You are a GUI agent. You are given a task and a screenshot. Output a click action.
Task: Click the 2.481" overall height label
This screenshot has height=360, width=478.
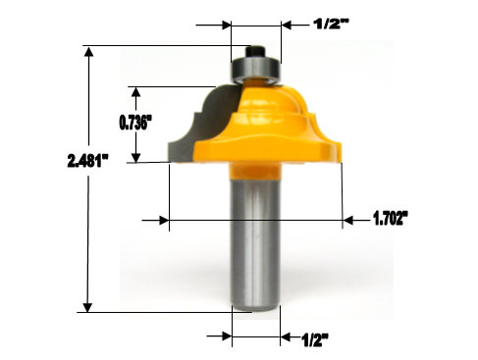[87, 161]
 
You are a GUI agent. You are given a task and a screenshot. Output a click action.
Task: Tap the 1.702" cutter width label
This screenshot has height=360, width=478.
[391, 218]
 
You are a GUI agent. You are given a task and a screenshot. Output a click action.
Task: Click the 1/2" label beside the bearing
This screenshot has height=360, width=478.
[332, 24]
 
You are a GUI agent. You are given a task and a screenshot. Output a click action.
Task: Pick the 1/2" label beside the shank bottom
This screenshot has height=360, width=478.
[315, 340]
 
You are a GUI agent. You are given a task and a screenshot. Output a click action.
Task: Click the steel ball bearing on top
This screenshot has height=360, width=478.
[255, 71]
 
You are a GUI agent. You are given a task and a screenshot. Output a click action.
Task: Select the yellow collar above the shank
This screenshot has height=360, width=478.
[255, 172]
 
